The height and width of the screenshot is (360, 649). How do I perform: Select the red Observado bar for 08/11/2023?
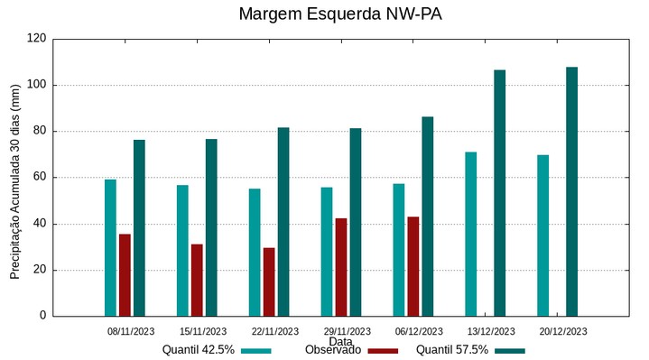coord(125,275)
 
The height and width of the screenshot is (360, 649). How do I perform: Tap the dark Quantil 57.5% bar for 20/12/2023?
coord(571,191)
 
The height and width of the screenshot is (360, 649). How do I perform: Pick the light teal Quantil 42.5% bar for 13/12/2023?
coord(470,234)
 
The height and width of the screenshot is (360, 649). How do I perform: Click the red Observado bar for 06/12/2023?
coord(413,266)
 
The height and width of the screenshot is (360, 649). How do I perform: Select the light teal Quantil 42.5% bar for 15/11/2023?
coord(182,250)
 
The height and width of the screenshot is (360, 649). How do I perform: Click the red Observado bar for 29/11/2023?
coord(340,267)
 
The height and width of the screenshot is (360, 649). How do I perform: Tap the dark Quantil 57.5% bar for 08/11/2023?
coord(139,227)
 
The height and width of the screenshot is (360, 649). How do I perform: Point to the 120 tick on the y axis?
coord(36,39)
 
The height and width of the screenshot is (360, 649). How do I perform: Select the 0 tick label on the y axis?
coord(42,316)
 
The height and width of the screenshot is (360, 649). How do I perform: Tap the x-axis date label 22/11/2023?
coord(274,331)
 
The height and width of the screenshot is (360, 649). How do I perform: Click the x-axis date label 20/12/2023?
coord(562,331)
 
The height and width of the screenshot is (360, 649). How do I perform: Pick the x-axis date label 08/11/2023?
coord(130,331)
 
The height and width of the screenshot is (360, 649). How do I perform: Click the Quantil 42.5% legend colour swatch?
coord(256,350)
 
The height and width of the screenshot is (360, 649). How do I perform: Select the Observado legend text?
coord(333,350)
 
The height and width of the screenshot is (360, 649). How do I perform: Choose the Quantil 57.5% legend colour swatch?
coord(510,350)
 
